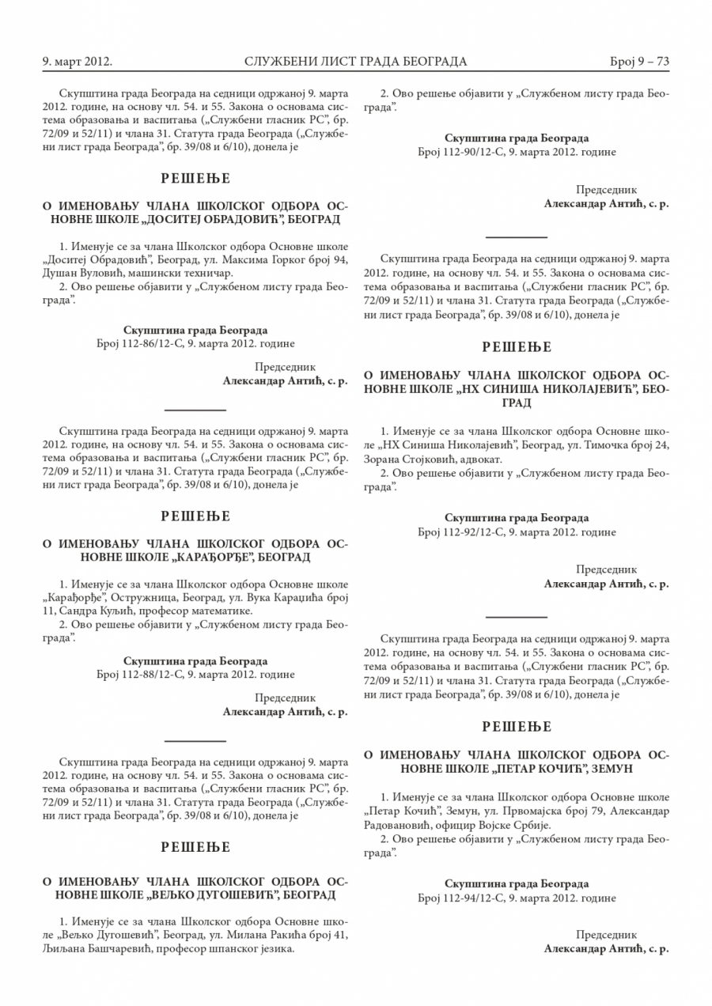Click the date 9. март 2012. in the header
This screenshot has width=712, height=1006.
(77, 62)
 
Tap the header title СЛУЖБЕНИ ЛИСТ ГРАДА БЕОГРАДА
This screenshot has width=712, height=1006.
(356, 62)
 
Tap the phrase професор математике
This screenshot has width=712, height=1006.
(203, 611)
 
